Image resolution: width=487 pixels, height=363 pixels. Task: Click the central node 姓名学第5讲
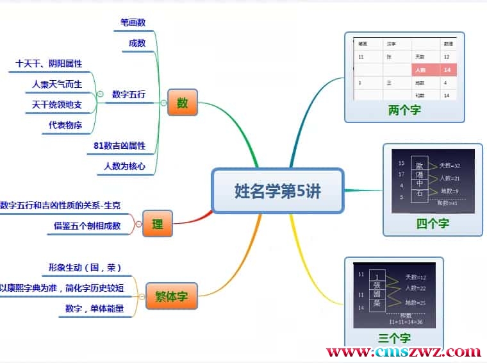coord(277,190)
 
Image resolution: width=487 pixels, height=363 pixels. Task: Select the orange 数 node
coord(183,103)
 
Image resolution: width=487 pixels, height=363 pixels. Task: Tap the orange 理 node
coord(157,224)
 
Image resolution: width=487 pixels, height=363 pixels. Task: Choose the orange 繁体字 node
coord(172,296)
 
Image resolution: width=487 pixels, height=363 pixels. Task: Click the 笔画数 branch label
coord(133,22)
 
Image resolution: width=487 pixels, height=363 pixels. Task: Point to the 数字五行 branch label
coord(128,94)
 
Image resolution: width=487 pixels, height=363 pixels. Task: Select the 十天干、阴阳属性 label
coord(49,63)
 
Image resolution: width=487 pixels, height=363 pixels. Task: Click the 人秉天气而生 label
coord(57,84)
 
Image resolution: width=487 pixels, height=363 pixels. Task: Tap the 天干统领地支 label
coord(57,104)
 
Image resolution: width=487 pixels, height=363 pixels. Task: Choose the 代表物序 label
coord(65,124)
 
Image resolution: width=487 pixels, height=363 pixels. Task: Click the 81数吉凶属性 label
coord(119,146)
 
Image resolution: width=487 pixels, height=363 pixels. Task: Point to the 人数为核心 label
coord(124,166)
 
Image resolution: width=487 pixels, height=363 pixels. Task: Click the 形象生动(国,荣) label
coord(85,267)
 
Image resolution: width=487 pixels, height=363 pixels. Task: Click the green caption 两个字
coord(404,110)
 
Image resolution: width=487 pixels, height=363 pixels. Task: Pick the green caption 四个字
coord(433,223)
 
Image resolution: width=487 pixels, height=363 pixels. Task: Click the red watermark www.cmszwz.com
coord(403,351)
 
